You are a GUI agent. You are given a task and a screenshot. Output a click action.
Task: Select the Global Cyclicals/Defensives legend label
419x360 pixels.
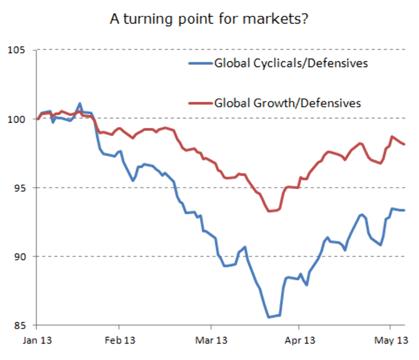[x=291, y=64]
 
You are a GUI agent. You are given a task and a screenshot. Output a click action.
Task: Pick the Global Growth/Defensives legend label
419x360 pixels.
[x=288, y=103]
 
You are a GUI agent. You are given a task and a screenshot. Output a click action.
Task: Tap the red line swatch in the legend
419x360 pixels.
[x=200, y=103]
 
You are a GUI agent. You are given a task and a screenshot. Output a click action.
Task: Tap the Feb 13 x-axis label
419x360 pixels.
[x=119, y=341]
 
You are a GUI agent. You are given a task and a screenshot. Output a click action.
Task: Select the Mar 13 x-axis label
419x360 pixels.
[x=210, y=341]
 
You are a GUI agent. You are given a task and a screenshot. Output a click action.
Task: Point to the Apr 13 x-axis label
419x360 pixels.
[x=301, y=341]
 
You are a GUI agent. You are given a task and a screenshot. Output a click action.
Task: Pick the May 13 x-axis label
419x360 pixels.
[x=391, y=341]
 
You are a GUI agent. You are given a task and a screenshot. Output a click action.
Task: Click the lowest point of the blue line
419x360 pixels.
[x=269, y=317]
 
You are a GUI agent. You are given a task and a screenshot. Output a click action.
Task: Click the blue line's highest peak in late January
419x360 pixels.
[x=80, y=103]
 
